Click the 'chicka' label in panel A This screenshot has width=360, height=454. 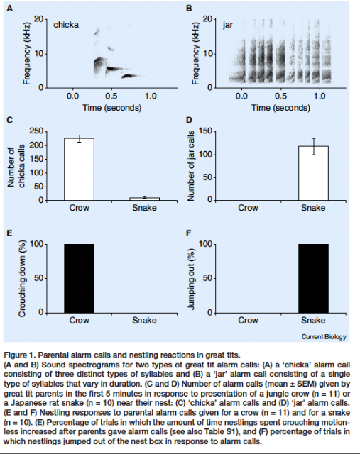[66, 25]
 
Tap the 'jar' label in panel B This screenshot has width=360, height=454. [227, 26]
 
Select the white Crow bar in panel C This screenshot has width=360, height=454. [79, 169]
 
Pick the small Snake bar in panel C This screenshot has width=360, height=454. [144, 199]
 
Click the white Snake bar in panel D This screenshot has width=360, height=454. [313, 173]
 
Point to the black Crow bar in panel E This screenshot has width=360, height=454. [79, 278]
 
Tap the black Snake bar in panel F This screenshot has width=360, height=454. [313, 278]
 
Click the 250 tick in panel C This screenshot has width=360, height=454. [36, 131]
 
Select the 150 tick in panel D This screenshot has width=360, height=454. [205, 132]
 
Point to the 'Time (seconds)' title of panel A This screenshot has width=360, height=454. [112, 108]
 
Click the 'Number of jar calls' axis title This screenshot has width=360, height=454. [190, 165]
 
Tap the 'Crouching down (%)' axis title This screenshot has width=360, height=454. [22, 278]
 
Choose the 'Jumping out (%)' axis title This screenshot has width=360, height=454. [191, 279]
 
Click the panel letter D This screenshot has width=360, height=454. [189, 120]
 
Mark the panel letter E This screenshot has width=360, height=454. [9, 233]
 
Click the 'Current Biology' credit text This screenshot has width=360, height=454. [324, 336]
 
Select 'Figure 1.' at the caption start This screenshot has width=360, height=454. [20, 355]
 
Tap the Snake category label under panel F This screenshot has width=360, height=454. [313, 320]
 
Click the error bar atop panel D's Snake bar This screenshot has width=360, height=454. [313, 147]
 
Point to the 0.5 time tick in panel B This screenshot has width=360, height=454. [280, 96]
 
